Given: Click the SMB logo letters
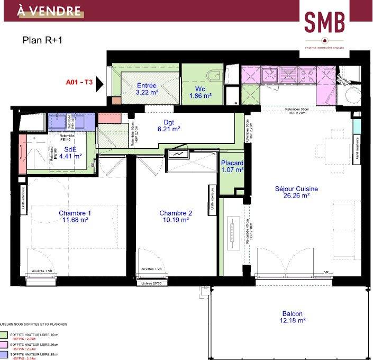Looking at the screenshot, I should (x=324, y=22).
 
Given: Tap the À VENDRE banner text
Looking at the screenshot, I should (x=50, y=11).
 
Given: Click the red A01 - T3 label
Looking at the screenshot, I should (x=79, y=82).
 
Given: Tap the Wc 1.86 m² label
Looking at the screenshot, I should (x=200, y=93).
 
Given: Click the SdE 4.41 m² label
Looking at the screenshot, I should (x=70, y=152).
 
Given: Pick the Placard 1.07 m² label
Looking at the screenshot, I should (x=232, y=166).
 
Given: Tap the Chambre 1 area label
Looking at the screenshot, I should (x=75, y=217).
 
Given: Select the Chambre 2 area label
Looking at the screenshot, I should (x=176, y=217).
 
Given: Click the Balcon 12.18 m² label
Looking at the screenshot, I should (x=294, y=316).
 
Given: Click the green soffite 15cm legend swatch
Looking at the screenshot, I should (x=4, y=335).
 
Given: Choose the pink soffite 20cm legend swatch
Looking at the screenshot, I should (x=4, y=345).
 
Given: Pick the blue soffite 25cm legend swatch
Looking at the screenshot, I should (x=4, y=355).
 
